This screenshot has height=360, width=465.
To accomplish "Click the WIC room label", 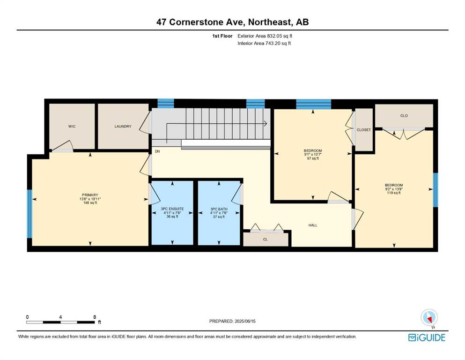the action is (72, 127).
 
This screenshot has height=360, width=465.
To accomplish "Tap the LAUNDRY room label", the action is (123, 127).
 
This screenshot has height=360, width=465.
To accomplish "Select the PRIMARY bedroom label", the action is (90, 195).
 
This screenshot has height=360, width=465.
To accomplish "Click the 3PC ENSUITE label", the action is (172, 209).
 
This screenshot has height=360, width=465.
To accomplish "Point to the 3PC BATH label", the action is (219, 209).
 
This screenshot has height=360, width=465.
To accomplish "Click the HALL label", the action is (313, 225).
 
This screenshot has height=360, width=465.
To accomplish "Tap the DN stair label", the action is (157, 151).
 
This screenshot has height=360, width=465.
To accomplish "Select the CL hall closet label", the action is (266, 239).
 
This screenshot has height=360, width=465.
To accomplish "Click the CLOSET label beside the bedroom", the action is (363, 130).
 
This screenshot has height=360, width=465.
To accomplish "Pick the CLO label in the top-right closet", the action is (404, 116).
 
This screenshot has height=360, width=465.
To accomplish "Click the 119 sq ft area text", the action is (394, 193).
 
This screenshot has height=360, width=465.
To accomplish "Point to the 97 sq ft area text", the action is (313, 158).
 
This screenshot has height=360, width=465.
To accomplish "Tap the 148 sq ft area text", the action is (90, 203).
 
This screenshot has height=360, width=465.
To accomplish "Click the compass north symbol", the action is (429, 318).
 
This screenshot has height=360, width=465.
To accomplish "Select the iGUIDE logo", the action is (427, 338).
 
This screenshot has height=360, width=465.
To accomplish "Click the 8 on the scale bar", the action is (95, 317).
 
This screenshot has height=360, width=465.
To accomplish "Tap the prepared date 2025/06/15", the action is (245, 321).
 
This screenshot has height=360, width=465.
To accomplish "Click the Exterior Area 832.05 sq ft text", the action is (265, 36).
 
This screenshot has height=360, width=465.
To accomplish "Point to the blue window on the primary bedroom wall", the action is (30, 214).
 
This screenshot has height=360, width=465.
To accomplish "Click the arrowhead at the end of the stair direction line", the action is (266, 123).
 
